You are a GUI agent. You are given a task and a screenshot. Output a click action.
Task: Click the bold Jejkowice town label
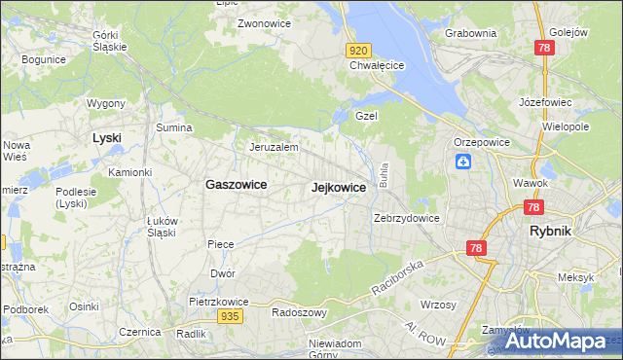[x=338, y=187]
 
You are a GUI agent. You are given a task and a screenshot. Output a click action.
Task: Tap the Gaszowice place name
[x=236, y=184]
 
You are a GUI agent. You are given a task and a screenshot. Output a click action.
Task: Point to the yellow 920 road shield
[x=358, y=50]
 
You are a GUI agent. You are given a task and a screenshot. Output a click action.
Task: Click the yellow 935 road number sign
[x=230, y=316]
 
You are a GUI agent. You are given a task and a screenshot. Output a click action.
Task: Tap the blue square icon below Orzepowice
[x=463, y=162]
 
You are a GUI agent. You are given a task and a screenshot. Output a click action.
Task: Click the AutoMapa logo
[x=551, y=340]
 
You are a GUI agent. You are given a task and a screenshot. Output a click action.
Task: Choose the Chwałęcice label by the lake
[x=377, y=66]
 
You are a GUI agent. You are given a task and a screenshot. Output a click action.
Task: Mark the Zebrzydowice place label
[x=407, y=218]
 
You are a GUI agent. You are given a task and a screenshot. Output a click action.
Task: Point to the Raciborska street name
[x=398, y=277]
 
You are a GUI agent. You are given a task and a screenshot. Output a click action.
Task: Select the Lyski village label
[x=106, y=137]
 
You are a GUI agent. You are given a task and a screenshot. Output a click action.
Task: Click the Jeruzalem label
[x=273, y=147]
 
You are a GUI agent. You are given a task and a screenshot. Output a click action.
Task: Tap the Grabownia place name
[x=470, y=32]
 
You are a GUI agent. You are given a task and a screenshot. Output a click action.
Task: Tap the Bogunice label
[x=42, y=58]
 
